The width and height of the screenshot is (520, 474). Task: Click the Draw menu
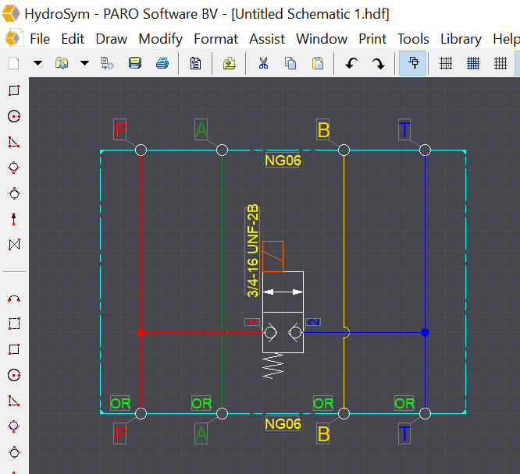[111, 39]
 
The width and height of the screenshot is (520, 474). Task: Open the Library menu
[461, 39]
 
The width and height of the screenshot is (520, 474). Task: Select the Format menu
[215, 39]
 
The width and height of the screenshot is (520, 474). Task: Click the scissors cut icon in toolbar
[263, 63]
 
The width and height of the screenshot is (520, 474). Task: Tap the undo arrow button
[351, 63]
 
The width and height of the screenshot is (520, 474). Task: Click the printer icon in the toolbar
[162, 63]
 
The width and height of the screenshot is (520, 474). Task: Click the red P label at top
[120, 129]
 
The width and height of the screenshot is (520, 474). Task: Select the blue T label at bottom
[404, 434]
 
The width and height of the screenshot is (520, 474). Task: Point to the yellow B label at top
[324, 129]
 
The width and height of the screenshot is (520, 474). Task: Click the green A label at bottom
[201, 434]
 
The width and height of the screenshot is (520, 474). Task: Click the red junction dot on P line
[141, 332]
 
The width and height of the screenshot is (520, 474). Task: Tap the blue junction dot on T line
[426, 332]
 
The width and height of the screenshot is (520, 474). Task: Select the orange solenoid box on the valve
[272, 256]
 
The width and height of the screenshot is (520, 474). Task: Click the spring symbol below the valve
[273, 366]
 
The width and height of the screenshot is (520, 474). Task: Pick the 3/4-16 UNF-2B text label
[252, 250]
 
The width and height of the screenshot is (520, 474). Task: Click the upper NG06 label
[283, 161]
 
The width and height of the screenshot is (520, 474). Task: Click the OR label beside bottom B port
[323, 404]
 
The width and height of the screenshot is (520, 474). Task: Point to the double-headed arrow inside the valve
[283, 292]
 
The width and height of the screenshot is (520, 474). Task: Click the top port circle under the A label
[223, 150]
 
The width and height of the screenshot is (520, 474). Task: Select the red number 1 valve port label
[253, 322]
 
